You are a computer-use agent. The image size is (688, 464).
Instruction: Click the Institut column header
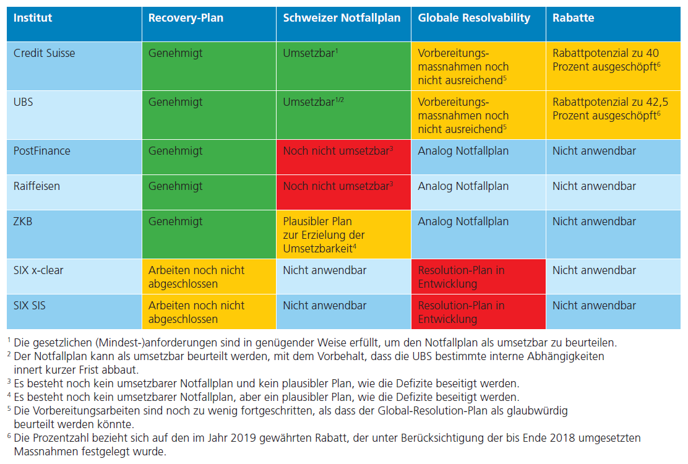(33, 18)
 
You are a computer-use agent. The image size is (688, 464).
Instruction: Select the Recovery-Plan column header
(186, 18)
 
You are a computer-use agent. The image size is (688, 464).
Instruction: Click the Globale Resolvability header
(474, 18)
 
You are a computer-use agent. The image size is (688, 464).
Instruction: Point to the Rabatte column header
(574, 18)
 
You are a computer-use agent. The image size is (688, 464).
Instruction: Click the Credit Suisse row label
(44, 53)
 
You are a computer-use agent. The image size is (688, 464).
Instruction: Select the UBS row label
(24, 102)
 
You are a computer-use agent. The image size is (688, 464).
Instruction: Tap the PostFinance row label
(41, 151)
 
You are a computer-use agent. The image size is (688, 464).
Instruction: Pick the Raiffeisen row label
(37, 186)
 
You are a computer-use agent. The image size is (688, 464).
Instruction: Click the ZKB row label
(23, 221)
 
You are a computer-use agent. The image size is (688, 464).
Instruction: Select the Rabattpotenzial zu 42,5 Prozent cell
(610, 109)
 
